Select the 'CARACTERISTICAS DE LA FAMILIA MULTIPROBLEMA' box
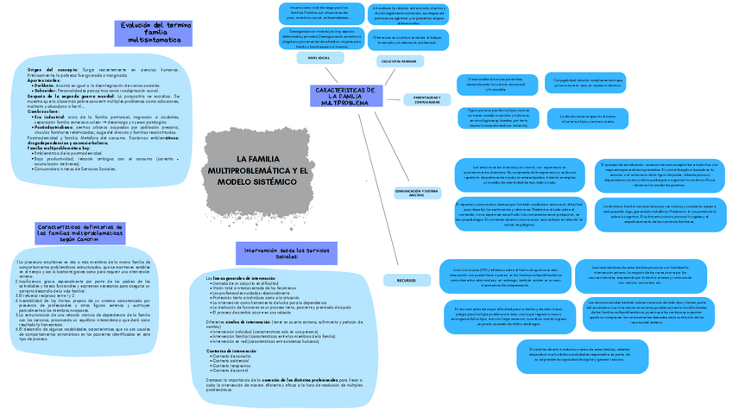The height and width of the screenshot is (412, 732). (x=344, y=96)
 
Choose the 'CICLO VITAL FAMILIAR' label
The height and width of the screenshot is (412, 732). (x=397, y=62)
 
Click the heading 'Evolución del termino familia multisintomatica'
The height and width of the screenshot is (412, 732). (x=149, y=34)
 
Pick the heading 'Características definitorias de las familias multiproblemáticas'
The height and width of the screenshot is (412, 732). (x=74, y=233)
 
